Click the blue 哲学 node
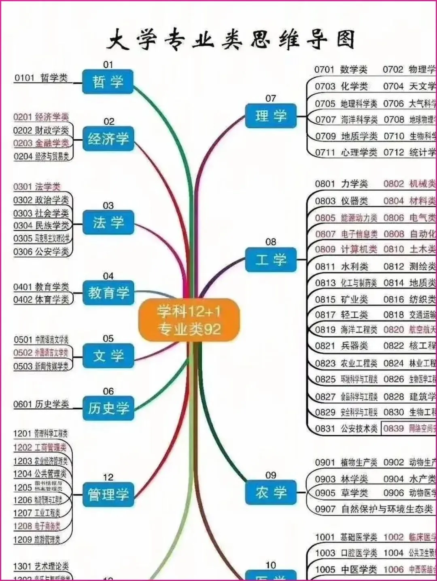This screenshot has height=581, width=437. click(108, 82)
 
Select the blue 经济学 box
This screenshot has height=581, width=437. click(108, 139)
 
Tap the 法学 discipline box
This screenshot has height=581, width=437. click(108, 222)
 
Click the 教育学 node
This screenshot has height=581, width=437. click(108, 293)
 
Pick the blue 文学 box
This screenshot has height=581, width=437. click(108, 356)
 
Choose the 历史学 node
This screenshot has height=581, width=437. click(108, 408)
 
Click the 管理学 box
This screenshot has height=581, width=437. click(108, 494)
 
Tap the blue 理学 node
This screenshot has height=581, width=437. click(271, 116)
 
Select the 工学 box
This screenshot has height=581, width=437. click(271, 259)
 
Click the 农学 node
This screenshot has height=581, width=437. click(271, 492)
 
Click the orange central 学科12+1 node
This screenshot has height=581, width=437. click(189, 320)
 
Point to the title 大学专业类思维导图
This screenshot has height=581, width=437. click(231, 40)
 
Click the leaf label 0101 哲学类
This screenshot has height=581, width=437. click(41, 78)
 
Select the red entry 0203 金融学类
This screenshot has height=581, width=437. click(41, 143)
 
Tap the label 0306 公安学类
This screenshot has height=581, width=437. click(41, 252)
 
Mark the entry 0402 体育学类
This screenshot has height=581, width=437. click(41, 299)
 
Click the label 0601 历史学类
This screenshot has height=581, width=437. click(41, 404)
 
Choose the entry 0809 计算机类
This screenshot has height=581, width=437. click(346, 249)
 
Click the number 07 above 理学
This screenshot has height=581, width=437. click(271, 98)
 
